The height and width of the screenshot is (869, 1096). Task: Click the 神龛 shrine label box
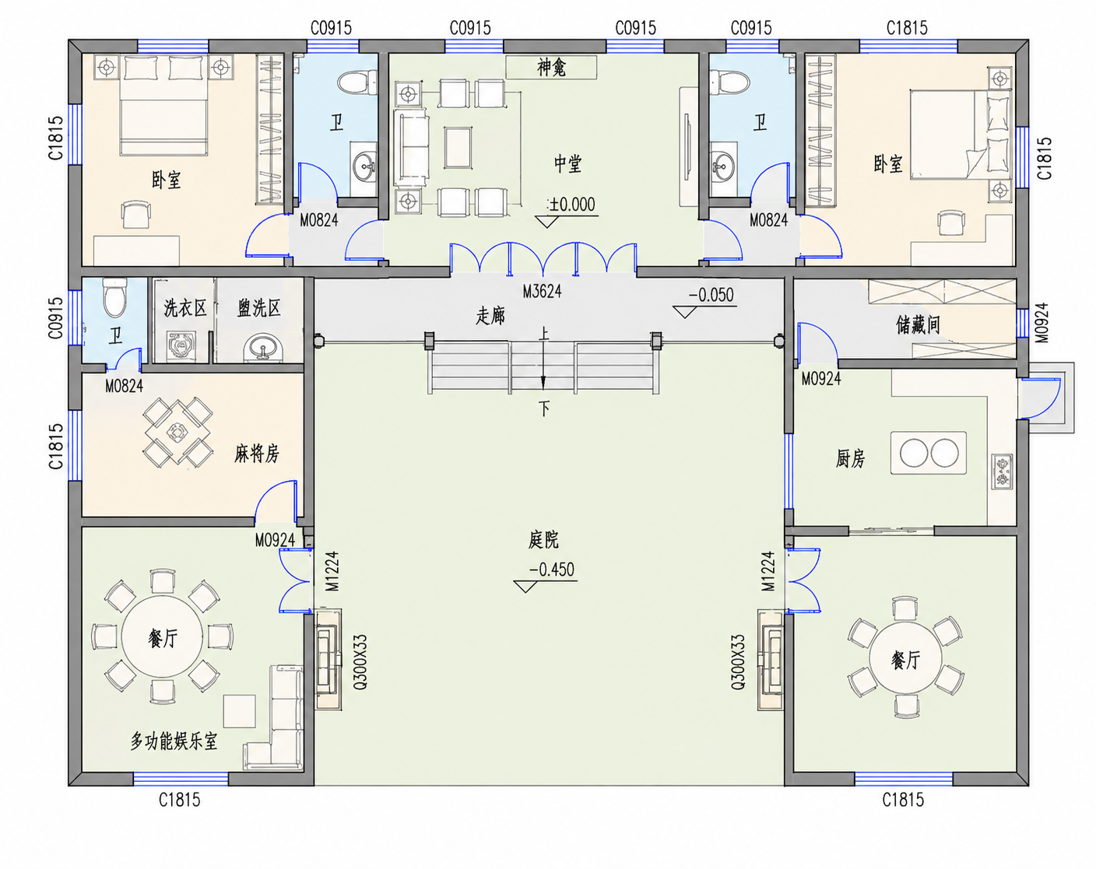(551, 67)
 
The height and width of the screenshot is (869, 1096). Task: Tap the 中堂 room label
(567, 164)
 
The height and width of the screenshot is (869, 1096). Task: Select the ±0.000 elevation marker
(571, 205)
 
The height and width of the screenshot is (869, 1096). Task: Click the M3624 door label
(542, 292)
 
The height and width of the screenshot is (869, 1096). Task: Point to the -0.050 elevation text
(711, 296)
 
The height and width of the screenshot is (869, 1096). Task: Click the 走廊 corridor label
(490, 316)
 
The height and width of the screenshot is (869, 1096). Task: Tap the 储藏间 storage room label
(918, 324)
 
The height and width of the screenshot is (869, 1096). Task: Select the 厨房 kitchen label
(850, 459)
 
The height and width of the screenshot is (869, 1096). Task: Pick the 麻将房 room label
(257, 453)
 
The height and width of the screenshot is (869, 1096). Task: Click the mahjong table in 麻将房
(177, 433)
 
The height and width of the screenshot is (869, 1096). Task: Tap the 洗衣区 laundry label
(185, 309)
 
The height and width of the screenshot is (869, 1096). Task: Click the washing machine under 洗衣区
(181, 347)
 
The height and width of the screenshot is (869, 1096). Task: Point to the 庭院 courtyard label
(543, 540)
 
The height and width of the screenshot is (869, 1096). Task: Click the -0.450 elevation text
(552, 569)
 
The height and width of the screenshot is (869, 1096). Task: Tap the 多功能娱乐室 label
(174, 741)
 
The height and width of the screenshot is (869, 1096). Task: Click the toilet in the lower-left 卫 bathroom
(114, 297)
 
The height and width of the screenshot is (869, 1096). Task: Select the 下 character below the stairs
(544, 408)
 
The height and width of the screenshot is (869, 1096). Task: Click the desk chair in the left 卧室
(136, 214)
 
